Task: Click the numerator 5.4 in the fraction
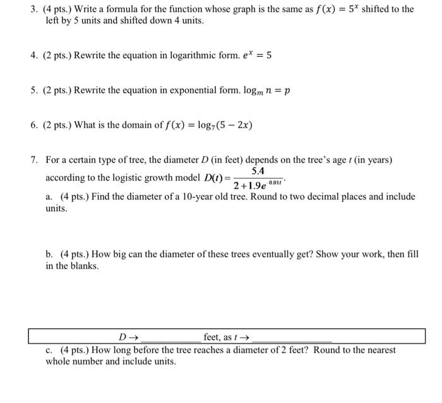[x=258, y=171]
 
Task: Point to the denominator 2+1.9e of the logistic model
[x=250, y=186]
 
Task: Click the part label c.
[x=49, y=350]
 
